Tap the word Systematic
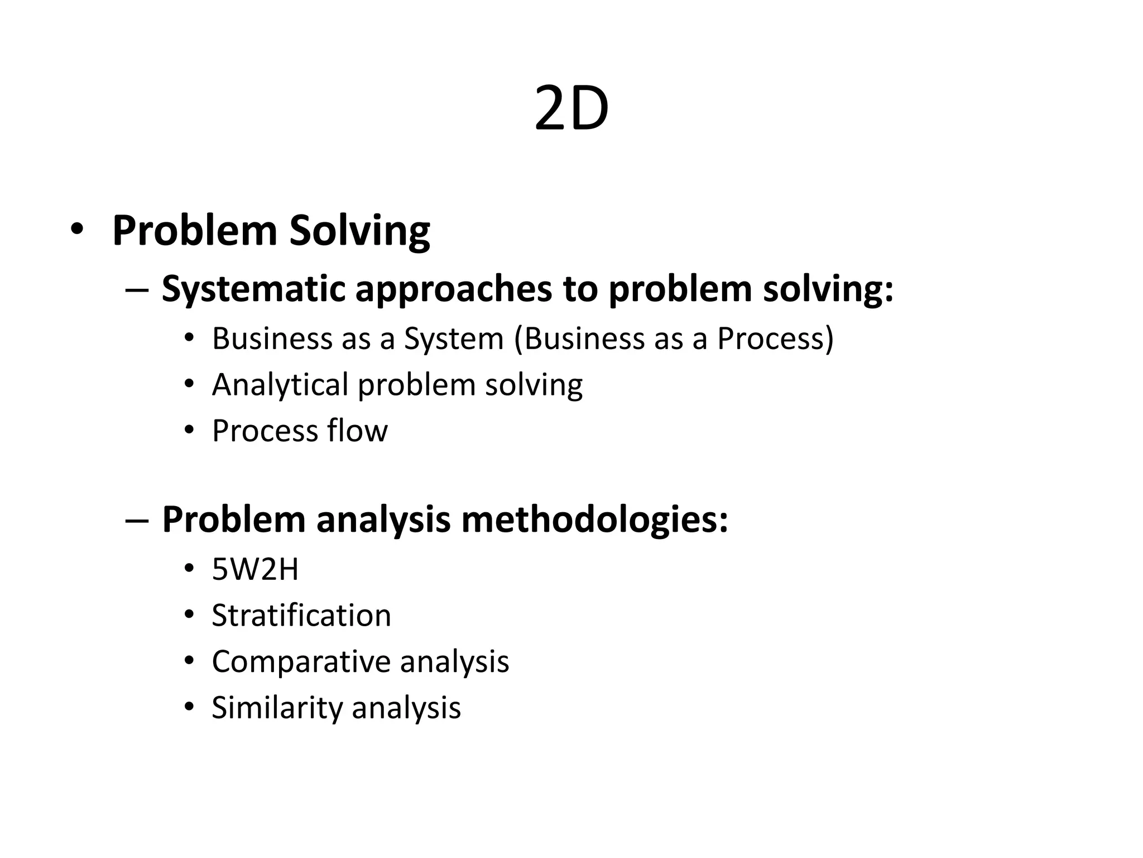pos(253,289)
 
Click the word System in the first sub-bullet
pos(453,339)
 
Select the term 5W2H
pos(255,570)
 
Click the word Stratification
pos(301,616)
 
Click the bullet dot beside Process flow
pos(189,431)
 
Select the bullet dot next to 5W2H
pos(189,569)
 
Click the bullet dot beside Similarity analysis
pos(189,707)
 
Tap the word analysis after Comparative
pos(454,662)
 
